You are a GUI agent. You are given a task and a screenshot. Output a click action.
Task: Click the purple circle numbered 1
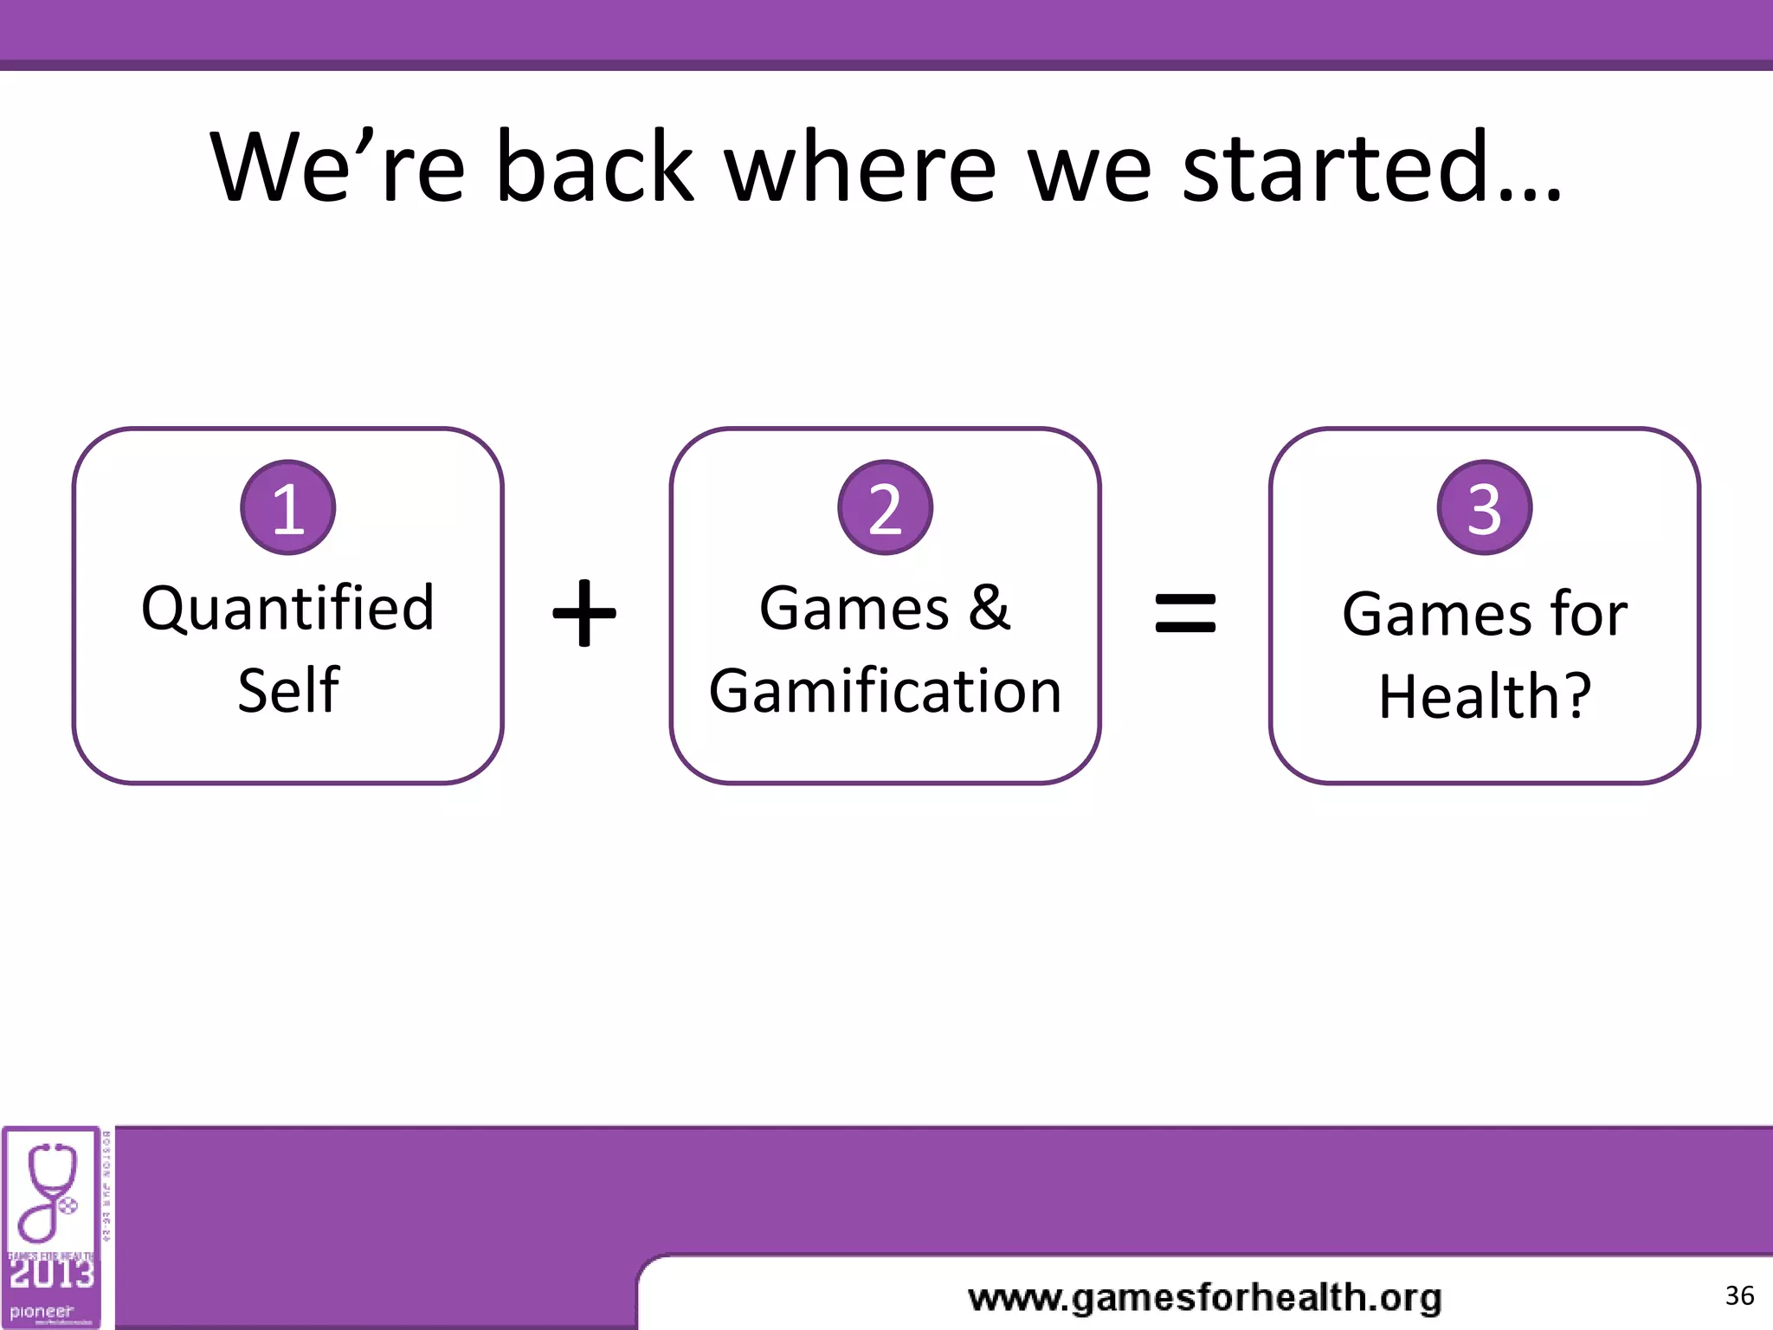pyautogui.click(x=287, y=507)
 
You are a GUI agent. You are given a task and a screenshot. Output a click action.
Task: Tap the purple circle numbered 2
pyautogui.click(x=885, y=507)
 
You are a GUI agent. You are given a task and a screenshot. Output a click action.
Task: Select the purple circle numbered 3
pyautogui.click(x=1484, y=507)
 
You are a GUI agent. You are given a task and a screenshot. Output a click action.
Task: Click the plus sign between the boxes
pyautogui.click(x=584, y=613)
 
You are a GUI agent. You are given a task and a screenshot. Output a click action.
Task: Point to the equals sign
pyautogui.click(x=1185, y=612)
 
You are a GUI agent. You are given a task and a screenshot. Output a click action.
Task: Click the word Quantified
pyautogui.click(x=287, y=609)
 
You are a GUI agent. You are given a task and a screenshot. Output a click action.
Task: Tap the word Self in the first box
pyautogui.click(x=287, y=691)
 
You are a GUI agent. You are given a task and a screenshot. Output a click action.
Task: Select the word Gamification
pyautogui.click(x=885, y=691)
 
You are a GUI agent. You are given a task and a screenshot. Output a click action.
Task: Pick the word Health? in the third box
pyautogui.click(x=1484, y=696)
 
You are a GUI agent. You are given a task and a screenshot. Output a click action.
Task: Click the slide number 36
pyautogui.click(x=1738, y=1295)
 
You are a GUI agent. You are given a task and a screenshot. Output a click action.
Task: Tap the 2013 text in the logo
pyautogui.click(x=51, y=1274)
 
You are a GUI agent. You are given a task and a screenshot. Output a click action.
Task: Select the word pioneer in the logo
pyautogui.click(x=42, y=1312)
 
